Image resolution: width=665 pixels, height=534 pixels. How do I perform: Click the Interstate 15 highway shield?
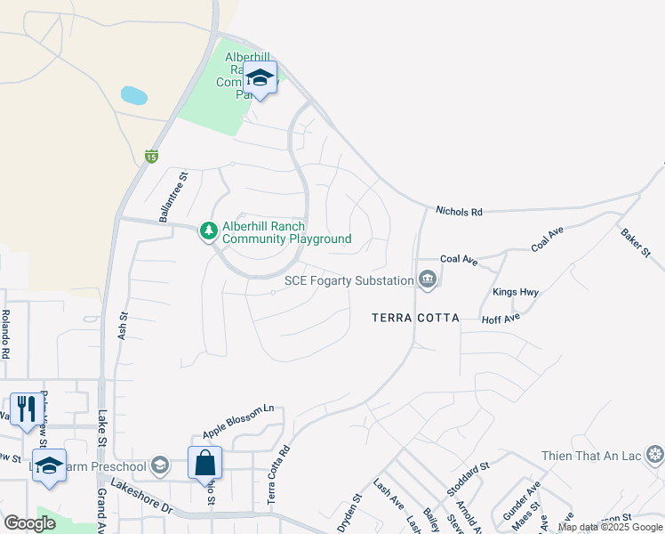(x=152, y=157)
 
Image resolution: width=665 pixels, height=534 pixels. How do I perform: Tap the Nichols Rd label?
(x=459, y=212)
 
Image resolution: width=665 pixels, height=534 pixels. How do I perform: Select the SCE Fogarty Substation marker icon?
(x=428, y=281)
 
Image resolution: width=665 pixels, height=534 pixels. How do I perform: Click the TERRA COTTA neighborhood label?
(x=415, y=318)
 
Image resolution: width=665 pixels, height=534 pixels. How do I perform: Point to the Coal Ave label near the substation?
(x=459, y=260)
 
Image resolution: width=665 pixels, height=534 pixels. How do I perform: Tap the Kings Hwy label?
(x=516, y=292)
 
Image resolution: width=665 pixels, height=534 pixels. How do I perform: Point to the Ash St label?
(x=123, y=323)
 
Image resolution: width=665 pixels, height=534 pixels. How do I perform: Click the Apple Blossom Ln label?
(x=238, y=421)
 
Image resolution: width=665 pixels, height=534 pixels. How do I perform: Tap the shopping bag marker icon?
(x=204, y=462)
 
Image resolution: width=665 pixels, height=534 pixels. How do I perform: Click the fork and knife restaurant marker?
(x=27, y=409)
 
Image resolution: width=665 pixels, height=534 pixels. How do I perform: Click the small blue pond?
(x=133, y=95)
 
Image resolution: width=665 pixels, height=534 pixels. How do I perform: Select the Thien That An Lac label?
(x=591, y=456)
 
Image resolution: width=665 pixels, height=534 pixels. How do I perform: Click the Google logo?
(x=30, y=523)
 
